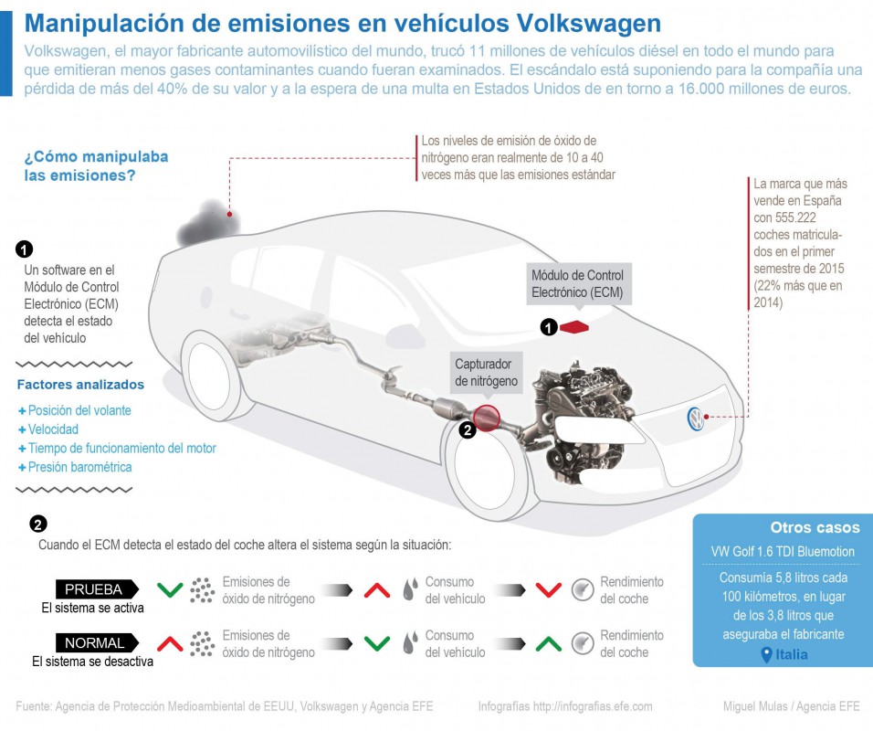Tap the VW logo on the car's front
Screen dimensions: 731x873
tap(695, 419)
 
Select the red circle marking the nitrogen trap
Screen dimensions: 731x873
tap(487, 418)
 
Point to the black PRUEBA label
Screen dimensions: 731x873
tap(95, 589)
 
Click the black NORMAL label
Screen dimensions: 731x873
tap(95, 643)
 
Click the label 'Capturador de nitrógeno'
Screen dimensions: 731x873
tap(487, 372)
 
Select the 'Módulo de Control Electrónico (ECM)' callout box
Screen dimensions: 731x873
tap(577, 284)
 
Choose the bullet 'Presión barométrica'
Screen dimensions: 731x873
tap(79, 467)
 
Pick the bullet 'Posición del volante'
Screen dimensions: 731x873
tap(79, 410)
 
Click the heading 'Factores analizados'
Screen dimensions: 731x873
tap(80, 385)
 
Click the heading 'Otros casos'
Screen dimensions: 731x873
tap(815, 527)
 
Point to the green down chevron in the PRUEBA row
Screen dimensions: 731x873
tap(170, 590)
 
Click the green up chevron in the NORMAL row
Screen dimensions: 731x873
tap(548, 644)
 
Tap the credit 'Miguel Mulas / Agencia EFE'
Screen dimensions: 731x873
tap(791, 706)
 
